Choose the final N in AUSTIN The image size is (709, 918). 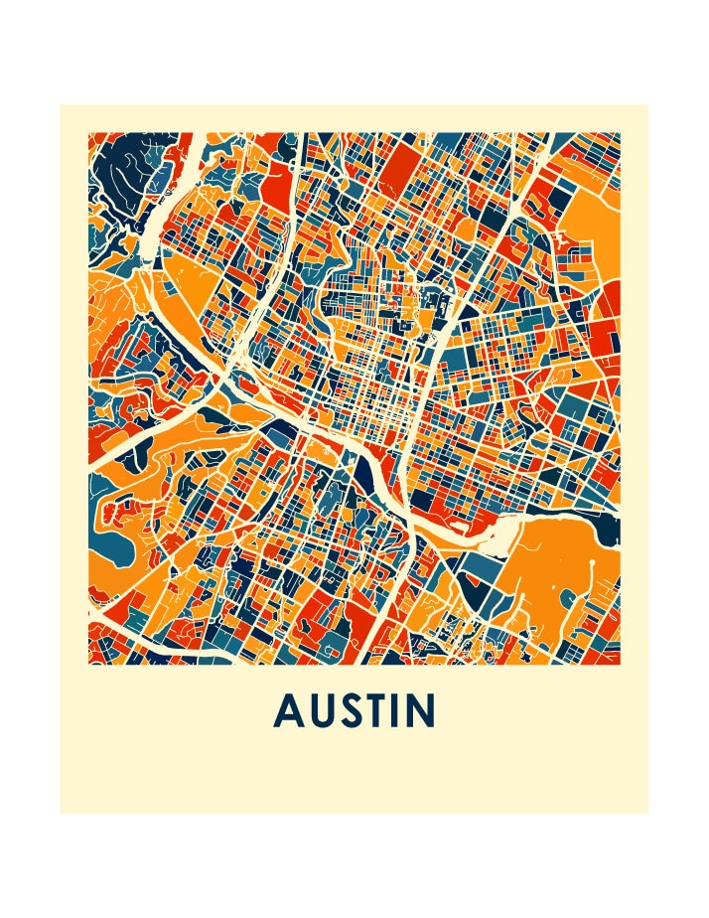pos(425,710)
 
